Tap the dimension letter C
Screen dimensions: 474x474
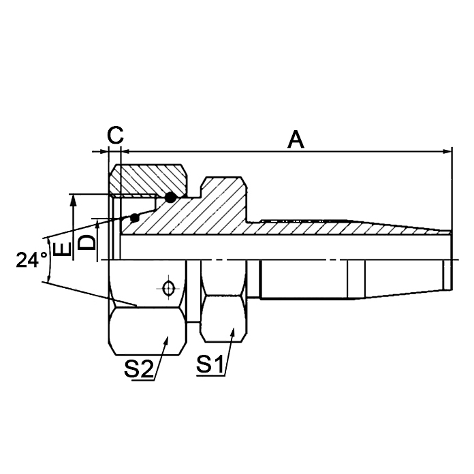pyautogui.click(x=116, y=134)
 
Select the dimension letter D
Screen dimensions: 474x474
pyautogui.click(x=86, y=241)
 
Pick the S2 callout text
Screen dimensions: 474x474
pyautogui.click(x=138, y=368)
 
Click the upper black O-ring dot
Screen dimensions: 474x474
pyautogui.click(x=170, y=197)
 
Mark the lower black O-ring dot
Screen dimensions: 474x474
pyautogui.click(x=135, y=218)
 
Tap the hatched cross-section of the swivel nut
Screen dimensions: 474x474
pyautogui.click(x=150, y=178)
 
